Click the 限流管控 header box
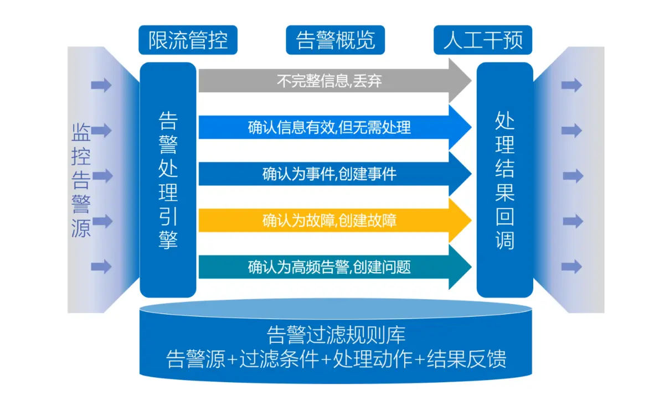pos(188,40)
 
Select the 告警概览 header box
pos(335,40)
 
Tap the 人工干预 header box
pos(482,40)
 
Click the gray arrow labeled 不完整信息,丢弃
pos(329,82)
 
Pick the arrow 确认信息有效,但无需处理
pos(329,128)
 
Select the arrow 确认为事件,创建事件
pos(329,174)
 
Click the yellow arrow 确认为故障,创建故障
pos(329,221)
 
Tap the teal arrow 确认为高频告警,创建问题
pos(329,267)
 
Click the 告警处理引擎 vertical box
pos(168,180)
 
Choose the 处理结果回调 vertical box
pos(504,180)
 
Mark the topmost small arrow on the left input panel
pos(101,85)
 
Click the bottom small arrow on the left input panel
pos(101,267)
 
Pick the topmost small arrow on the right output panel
pos(572,85)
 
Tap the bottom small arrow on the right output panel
pos(572,267)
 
